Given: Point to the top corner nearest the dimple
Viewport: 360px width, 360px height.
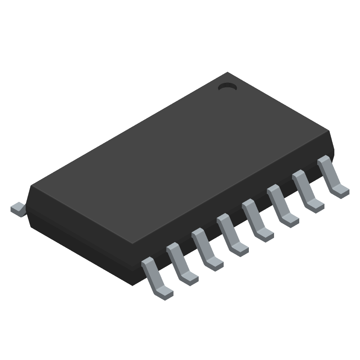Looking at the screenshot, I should click(228, 72).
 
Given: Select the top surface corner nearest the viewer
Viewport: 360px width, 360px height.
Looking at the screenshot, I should click(134, 243).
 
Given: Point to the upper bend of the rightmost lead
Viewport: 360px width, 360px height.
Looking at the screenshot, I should click(323, 161).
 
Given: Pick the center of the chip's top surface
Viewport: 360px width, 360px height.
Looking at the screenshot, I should click(180, 157).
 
